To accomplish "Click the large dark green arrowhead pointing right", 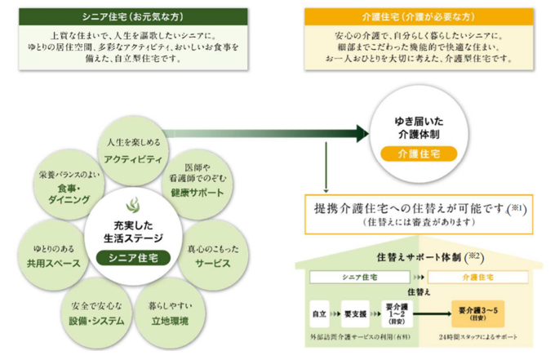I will [x=362, y=132].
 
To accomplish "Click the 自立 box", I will [x=320, y=313].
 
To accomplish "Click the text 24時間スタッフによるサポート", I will [x=479, y=337].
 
